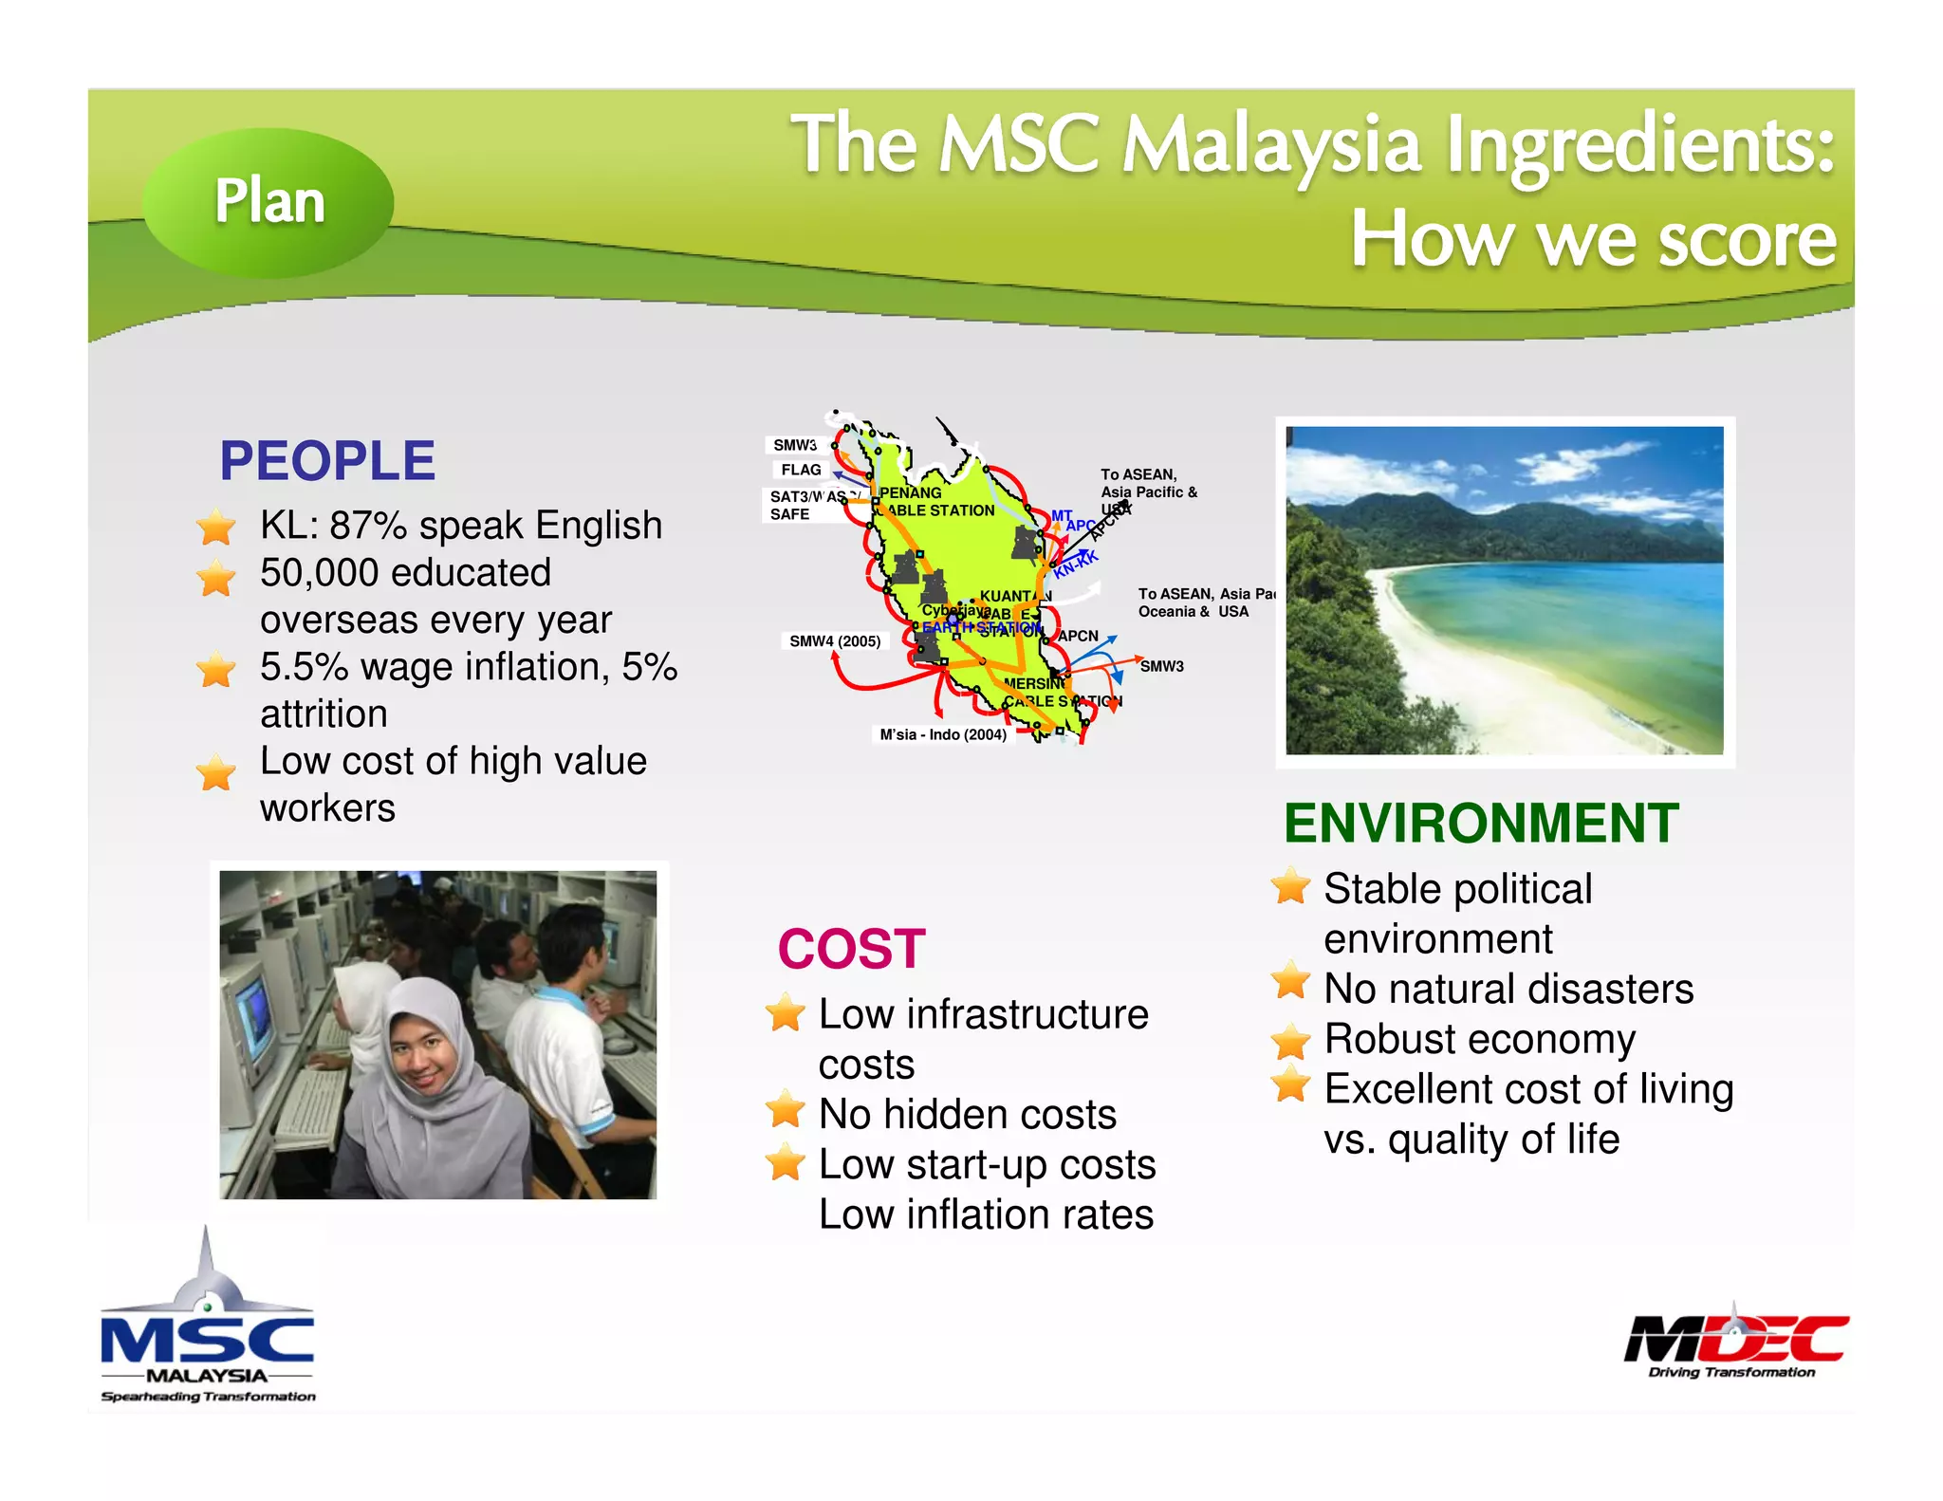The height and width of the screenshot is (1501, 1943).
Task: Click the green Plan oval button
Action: (x=268, y=202)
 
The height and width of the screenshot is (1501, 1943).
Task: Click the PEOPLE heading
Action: (x=327, y=461)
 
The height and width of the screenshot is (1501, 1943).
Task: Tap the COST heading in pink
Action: (x=851, y=949)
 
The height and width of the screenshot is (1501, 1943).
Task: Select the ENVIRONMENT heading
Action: (x=1481, y=823)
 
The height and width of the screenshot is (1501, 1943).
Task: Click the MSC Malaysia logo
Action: (x=208, y=1328)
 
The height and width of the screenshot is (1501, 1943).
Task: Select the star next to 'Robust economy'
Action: (x=1291, y=1041)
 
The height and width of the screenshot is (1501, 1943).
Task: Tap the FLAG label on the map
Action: (x=801, y=470)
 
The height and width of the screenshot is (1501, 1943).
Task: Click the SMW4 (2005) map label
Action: (x=835, y=641)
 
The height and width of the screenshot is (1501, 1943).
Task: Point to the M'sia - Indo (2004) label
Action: (x=942, y=734)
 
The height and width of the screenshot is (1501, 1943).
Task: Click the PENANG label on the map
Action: (x=910, y=492)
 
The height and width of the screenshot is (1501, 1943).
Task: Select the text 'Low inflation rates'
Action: (x=986, y=1215)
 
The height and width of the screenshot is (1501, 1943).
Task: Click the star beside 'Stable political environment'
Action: (x=1291, y=888)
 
